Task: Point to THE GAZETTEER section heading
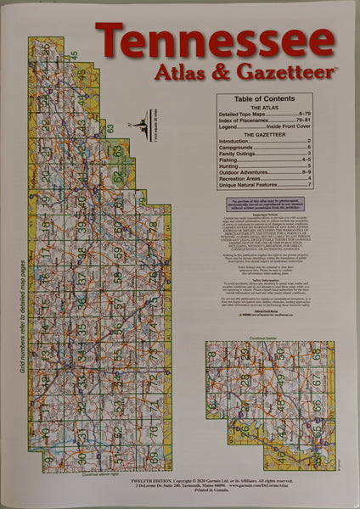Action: point(262,134)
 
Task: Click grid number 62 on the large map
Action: point(117,176)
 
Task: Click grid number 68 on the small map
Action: point(316,354)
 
